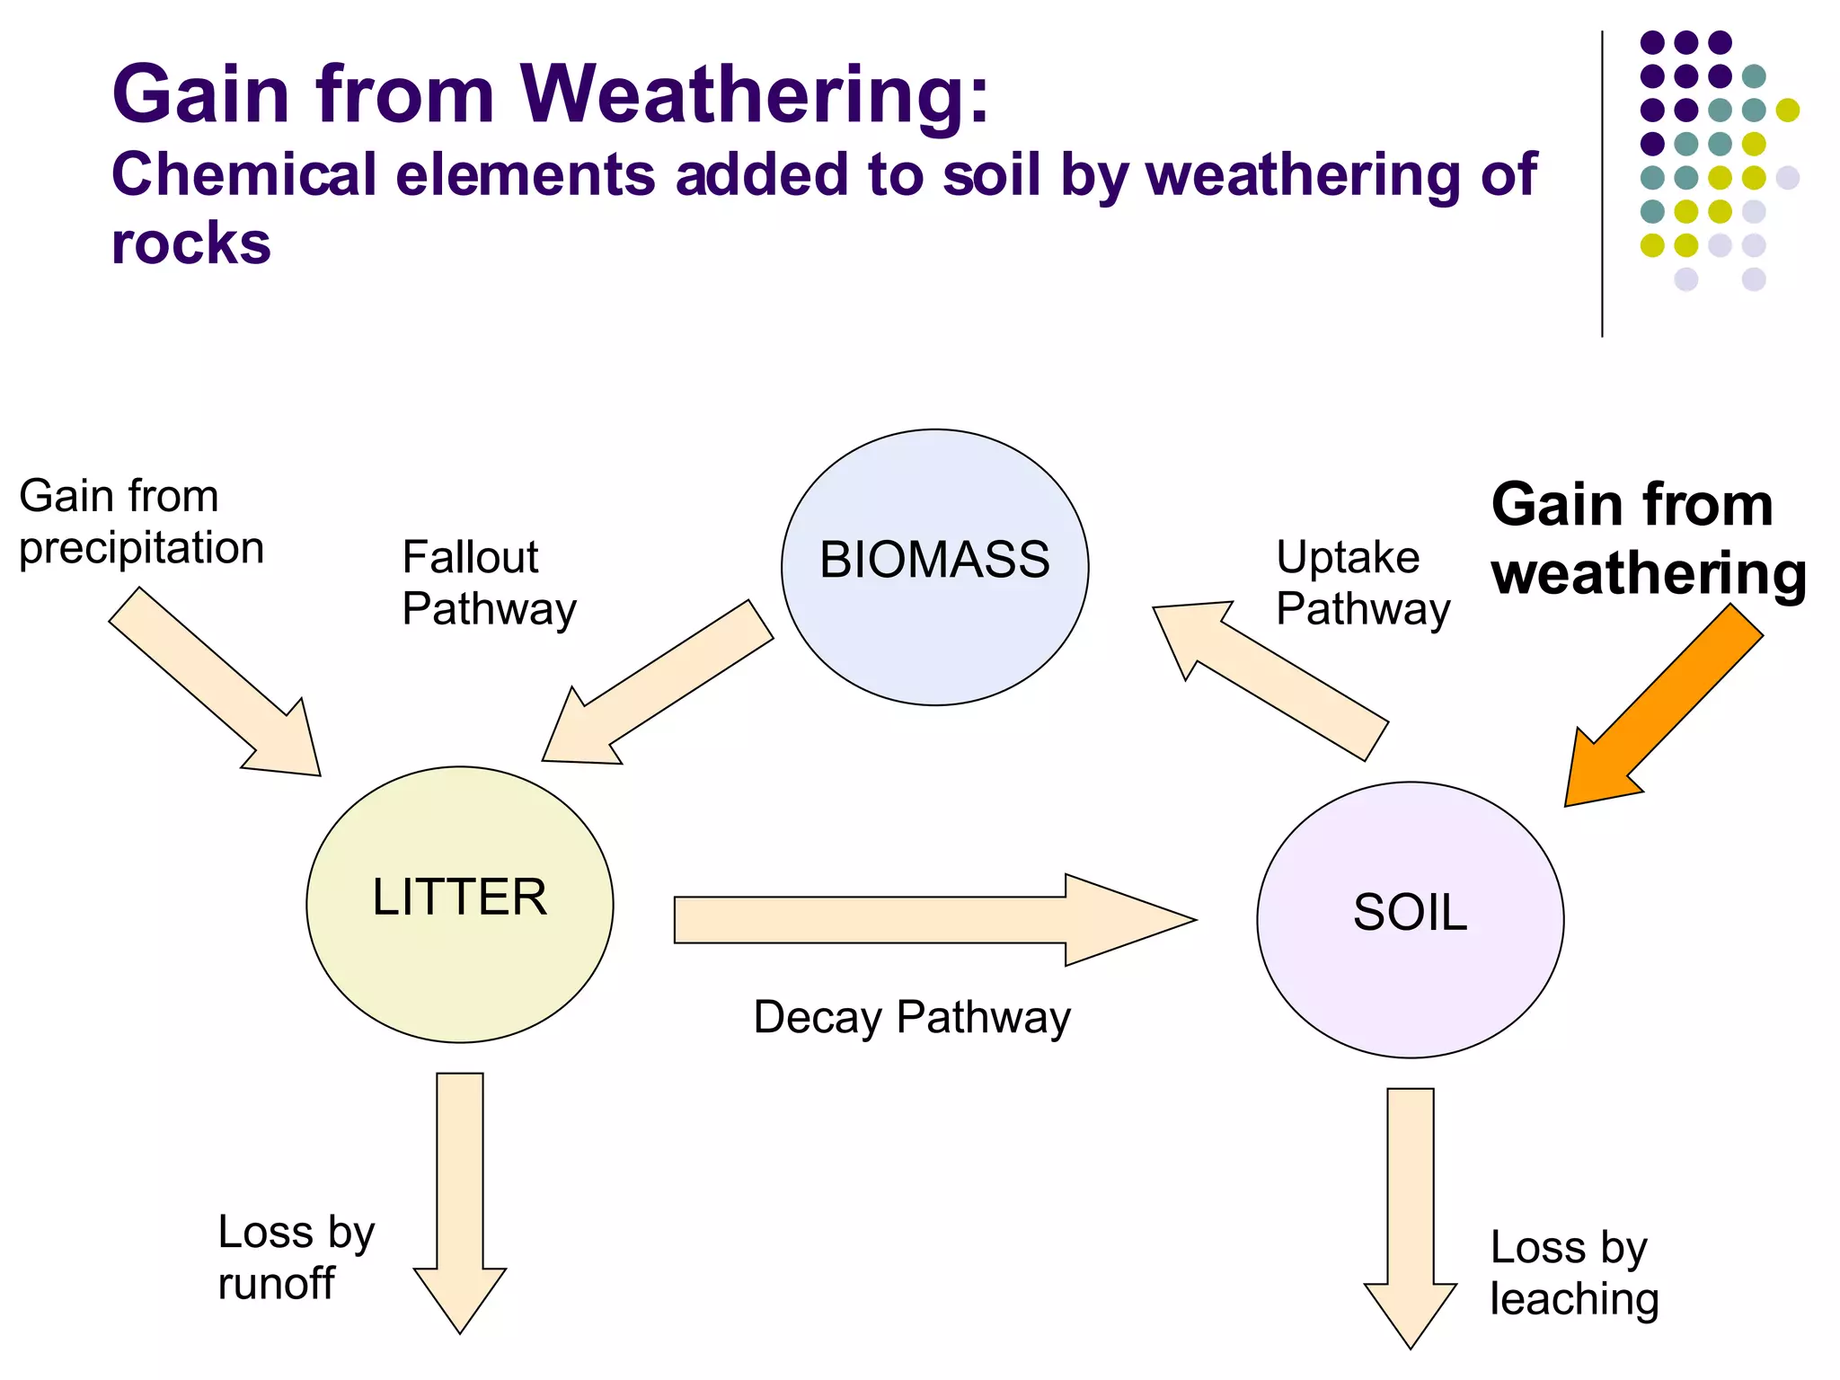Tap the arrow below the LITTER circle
pyautogui.click(x=460, y=1195)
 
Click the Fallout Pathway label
pyautogui.click(x=488, y=582)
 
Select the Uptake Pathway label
pyautogui.click(x=1362, y=582)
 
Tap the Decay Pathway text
pyautogui.click(x=912, y=1018)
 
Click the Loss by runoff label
pyautogui.click(x=295, y=1257)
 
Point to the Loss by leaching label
pyautogui.click(x=1573, y=1272)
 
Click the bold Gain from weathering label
pyautogui.click(x=1647, y=539)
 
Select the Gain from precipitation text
pyautogui.click(x=141, y=521)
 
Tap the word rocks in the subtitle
pyautogui.click(x=190, y=244)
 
